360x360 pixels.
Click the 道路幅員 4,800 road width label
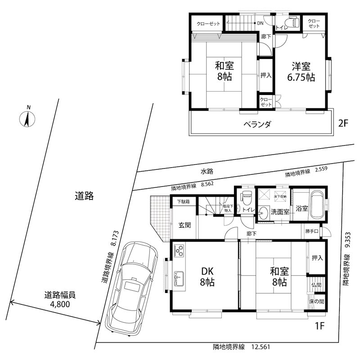click(x=60, y=299)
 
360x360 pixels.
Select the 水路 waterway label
click(x=207, y=171)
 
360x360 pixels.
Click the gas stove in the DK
click(x=179, y=250)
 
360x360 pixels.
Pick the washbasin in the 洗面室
click(x=264, y=212)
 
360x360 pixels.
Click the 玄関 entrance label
click(x=185, y=225)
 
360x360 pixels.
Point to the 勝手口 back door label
click(x=311, y=231)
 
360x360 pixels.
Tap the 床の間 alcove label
click(x=316, y=301)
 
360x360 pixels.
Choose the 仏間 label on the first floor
click(x=316, y=284)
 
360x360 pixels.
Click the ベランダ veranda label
click(x=257, y=124)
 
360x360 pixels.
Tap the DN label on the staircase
click(x=260, y=23)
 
